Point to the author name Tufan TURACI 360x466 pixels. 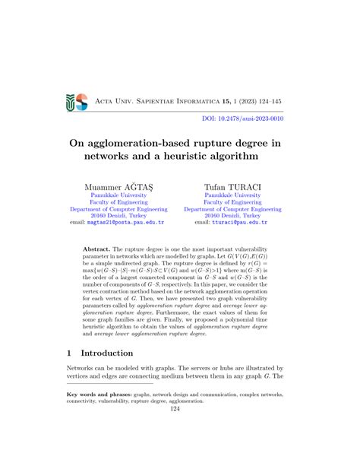[x=232, y=186]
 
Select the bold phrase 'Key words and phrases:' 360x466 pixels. [x=103, y=416]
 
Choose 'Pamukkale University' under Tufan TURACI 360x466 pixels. [x=232, y=195]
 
